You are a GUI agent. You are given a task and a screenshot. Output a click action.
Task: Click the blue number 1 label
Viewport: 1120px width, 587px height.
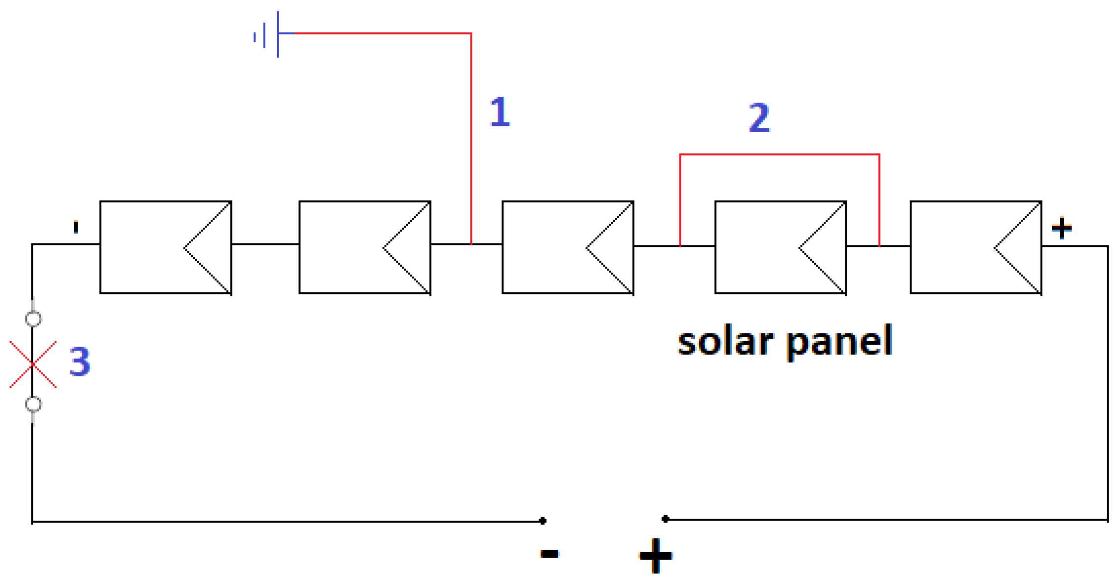tap(500, 112)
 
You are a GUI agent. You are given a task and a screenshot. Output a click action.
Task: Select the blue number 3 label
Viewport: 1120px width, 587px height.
tap(80, 361)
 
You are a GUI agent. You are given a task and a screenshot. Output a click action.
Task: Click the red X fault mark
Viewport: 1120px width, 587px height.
tap(33, 364)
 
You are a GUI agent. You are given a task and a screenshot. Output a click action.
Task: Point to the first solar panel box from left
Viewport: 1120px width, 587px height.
tap(166, 247)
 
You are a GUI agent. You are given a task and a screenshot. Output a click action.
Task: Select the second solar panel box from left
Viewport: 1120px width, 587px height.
tap(365, 247)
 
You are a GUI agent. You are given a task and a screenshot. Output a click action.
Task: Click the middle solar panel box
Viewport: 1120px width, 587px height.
tap(568, 247)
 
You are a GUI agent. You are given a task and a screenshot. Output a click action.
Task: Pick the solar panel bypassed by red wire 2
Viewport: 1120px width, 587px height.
tap(780, 247)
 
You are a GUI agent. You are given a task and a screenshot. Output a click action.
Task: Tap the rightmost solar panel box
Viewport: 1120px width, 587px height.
tap(976, 247)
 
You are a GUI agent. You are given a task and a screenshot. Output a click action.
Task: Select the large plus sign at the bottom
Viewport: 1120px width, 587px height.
tap(656, 556)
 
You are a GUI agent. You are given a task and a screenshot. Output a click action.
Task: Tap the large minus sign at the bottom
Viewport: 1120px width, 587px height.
tap(549, 554)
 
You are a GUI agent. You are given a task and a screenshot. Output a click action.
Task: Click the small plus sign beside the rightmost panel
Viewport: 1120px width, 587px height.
tap(1062, 228)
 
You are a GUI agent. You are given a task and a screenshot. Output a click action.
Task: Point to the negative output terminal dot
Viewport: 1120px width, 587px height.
tap(543, 521)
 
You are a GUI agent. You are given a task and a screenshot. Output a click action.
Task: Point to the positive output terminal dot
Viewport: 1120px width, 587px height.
tap(665, 519)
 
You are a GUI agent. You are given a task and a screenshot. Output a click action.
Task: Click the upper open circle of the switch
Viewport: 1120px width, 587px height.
tap(33, 319)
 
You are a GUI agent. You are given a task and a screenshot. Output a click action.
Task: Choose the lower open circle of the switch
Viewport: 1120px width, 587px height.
tap(33, 404)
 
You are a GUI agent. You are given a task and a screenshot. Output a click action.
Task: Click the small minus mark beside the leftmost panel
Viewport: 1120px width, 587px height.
tap(76, 227)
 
